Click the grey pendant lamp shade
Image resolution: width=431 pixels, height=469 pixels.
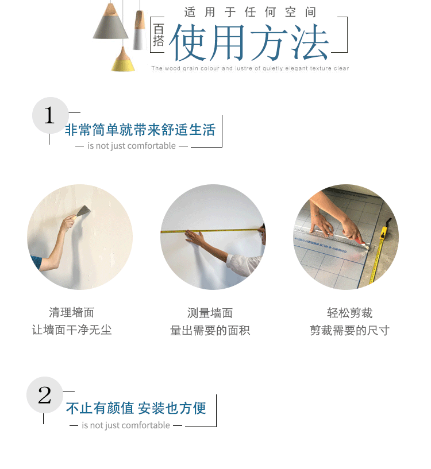click(110, 27)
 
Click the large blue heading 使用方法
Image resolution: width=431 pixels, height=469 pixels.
click(249, 42)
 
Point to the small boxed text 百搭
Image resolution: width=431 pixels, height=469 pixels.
click(159, 35)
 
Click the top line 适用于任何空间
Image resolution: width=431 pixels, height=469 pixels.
click(250, 12)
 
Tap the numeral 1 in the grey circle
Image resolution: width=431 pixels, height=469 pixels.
click(49, 115)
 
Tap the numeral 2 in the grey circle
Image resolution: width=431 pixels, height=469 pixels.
click(45, 395)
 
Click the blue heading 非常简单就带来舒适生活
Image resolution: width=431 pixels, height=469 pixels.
click(140, 130)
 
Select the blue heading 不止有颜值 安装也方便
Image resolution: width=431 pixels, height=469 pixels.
click(136, 408)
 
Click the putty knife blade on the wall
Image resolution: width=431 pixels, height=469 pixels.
click(83, 211)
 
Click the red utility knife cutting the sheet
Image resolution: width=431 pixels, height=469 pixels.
click(360, 243)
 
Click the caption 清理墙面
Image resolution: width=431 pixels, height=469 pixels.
click(72, 312)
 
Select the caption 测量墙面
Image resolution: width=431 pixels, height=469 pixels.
click(210, 313)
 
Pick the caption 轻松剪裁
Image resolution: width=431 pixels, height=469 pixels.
click(349, 313)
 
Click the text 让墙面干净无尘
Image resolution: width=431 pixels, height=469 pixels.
click(72, 330)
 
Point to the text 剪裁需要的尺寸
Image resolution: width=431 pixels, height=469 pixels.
click(349, 330)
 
